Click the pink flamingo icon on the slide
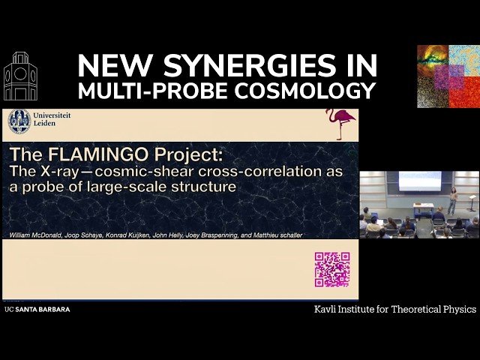tap(340, 124)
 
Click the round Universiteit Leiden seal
tap(19, 122)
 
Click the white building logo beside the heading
tap(20, 76)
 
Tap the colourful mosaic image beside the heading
tap(448, 76)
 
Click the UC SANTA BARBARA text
tap(37, 309)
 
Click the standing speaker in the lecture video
tap(452, 200)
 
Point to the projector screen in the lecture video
tap(419, 181)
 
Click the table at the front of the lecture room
tap(423, 209)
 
